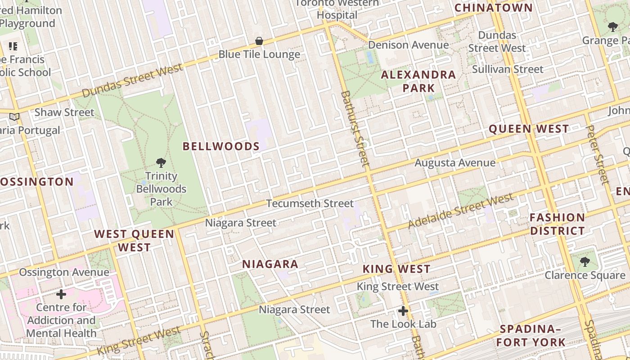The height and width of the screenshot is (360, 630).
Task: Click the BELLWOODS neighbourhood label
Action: [221, 146]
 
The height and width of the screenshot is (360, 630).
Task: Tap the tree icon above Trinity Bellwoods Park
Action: [161, 163]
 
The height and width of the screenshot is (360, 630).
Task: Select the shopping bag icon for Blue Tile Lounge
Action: [259, 41]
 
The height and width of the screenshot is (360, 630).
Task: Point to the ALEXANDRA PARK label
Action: [418, 81]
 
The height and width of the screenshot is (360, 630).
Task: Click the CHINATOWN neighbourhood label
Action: [493, 8]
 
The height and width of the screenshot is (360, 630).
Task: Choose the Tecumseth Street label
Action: [310, 203]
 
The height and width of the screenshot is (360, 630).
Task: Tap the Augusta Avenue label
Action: [455, 163]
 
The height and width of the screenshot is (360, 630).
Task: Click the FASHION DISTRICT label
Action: [557, 224]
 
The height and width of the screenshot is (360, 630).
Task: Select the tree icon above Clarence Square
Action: [585, 261]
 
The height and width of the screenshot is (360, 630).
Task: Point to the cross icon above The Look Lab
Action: [403, 311]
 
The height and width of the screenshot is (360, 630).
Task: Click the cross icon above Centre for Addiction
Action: [61, 295]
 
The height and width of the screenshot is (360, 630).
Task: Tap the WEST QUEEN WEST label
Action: [134, 241]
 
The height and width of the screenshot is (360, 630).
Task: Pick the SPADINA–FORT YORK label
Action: [531, 336]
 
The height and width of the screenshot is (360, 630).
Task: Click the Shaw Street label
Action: [64, 112]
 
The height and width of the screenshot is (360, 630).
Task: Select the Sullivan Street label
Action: [508, 69]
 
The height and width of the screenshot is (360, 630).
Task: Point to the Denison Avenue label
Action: [408, 45]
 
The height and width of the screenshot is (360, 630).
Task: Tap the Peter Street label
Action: [598, 155]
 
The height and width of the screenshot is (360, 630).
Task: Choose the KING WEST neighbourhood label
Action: [396, 269]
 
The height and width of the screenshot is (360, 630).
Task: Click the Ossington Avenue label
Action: [64, 272]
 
